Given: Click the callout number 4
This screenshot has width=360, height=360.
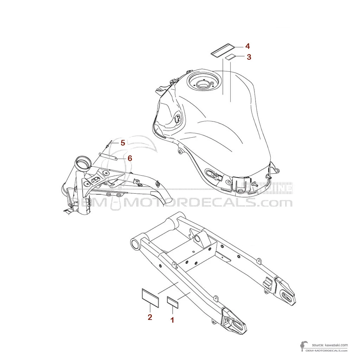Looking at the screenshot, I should coord(247,46).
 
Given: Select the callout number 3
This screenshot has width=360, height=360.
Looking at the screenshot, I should coord(249,57).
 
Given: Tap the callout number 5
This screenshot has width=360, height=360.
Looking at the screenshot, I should coord(123,143).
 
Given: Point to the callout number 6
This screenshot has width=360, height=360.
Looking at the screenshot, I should coord(130,158).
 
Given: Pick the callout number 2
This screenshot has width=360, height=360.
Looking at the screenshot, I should coord(150,317).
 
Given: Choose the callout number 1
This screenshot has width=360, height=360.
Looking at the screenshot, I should coord(172,320).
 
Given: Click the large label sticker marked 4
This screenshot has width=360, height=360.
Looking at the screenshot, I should coord(223,50).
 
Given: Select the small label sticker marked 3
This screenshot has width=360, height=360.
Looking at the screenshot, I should coord(230,57).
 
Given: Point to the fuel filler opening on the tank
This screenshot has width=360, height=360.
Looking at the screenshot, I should coord(202,84).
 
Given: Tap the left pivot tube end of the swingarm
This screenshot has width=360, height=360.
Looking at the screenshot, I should coord(135,243).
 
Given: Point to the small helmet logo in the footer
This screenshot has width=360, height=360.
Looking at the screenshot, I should coord(302,346).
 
